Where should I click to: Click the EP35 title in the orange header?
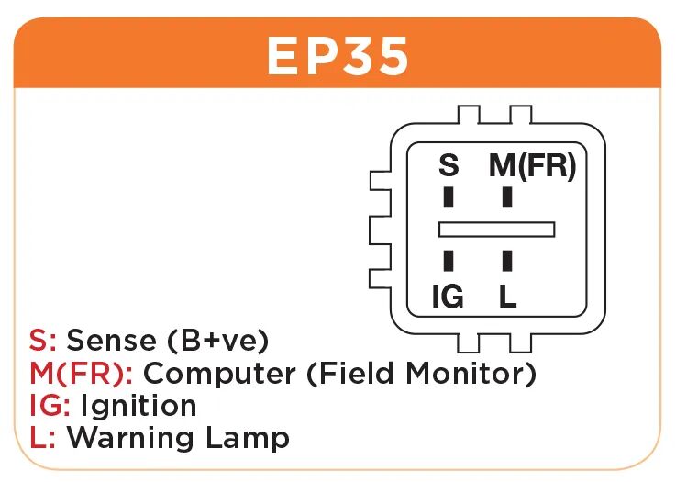pyautogui.click(x=338, y=57)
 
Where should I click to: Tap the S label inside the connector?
pyautogui.click(x=448, y=166)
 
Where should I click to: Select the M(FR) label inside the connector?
pyautogui.click(x=532, y=166)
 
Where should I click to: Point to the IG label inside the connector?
pyautogui.click(x=448, y=297)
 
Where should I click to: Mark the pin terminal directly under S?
pyautogui.click(x=449, y=197)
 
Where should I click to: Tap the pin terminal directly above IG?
pyautogui.click(x=449, y=261)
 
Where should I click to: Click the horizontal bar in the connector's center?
pyautogui.click(x=497, y=229)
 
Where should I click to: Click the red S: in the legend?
pyautogui.click(x=43, y=341)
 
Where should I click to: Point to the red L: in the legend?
pyautogui.click(x=43, y=437)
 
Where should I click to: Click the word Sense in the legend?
pyautogui.click(x=112, y=341)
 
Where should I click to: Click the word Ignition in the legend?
pyautogui.click(x=139, y=406)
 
